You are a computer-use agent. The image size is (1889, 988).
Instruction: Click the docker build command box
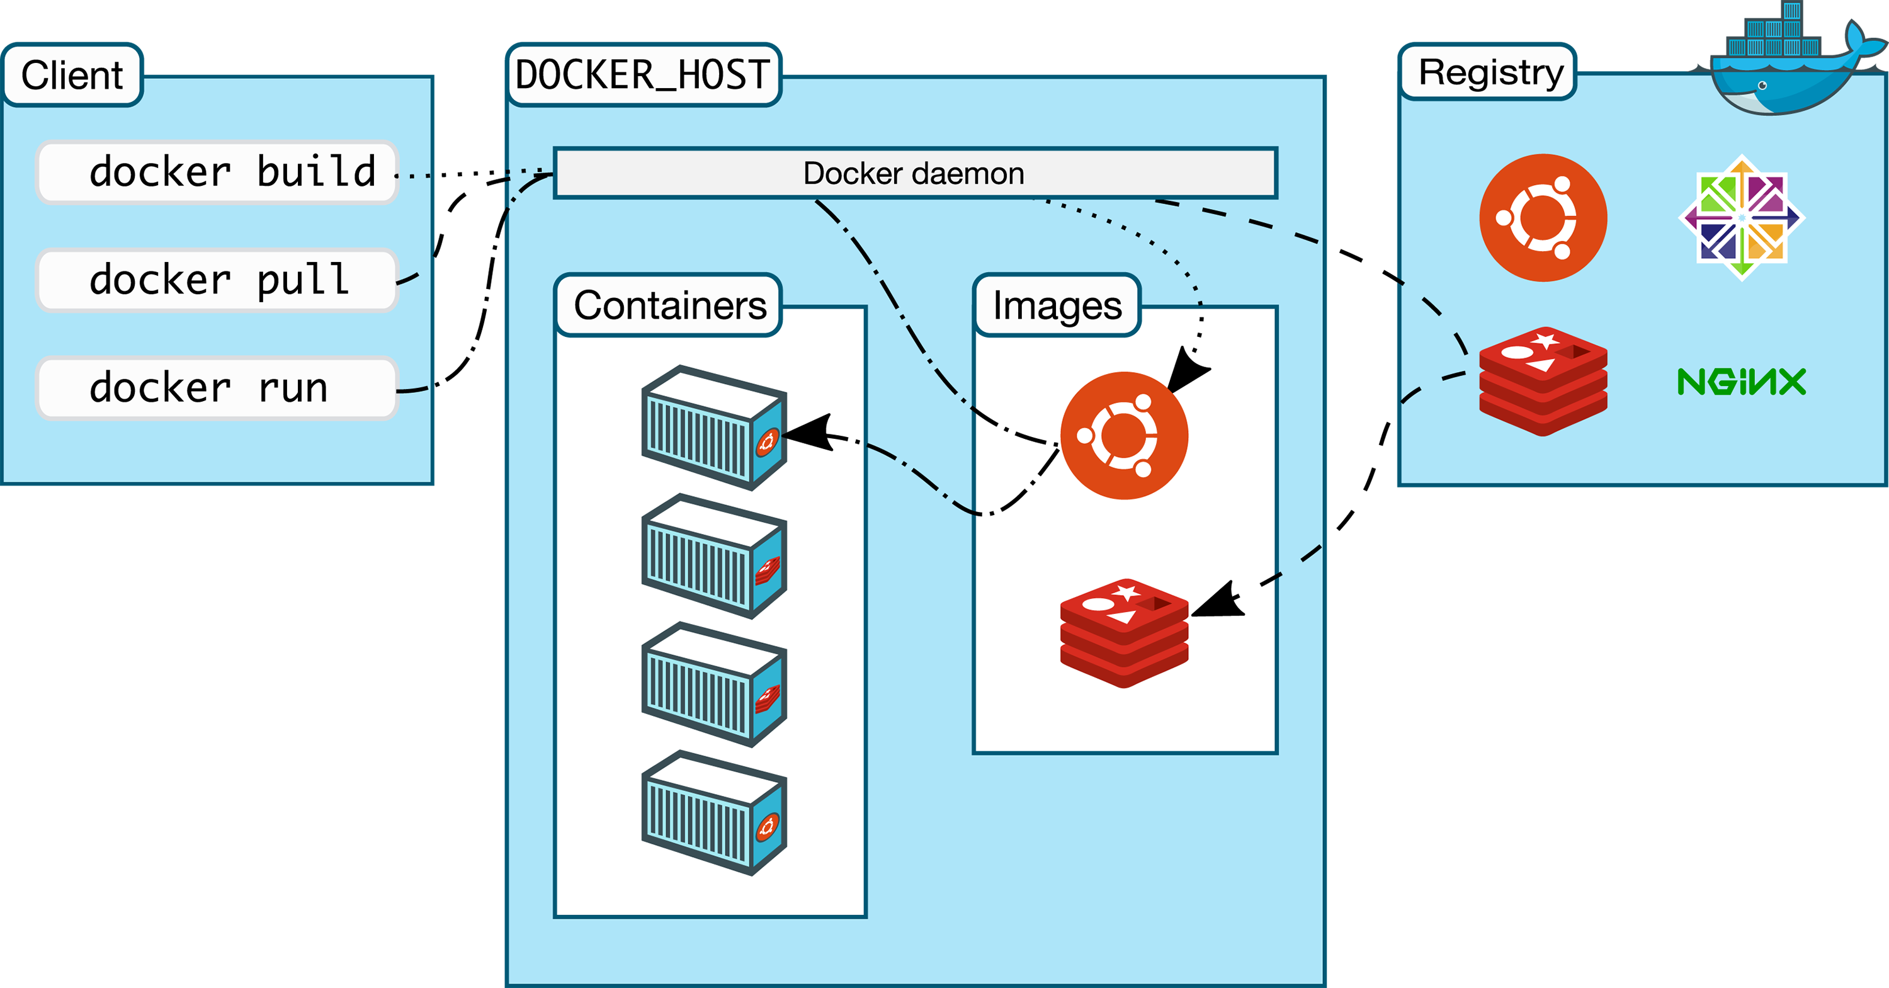[x=217, y=172]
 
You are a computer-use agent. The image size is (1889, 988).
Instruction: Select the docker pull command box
[x=217, y=280]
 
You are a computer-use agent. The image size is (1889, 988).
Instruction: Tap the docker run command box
[x=217, y=388]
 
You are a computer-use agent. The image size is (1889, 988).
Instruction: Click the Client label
[x=72, y=75]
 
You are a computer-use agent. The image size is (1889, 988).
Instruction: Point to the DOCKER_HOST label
[x=643, y=75]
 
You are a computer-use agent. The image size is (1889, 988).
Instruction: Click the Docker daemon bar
[x=915, y=173]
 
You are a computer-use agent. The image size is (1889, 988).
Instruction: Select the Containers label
[x=669, y=305]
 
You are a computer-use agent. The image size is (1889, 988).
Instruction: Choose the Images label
[x=1057, y=305]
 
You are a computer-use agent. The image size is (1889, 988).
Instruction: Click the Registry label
[x=1489, y=72]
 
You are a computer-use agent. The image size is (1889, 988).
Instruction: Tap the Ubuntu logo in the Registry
[x=1543, y=218]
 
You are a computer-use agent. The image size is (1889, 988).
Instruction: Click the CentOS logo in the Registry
[x=1742, y=218]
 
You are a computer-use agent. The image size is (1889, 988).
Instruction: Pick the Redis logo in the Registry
[x=1543, y=382]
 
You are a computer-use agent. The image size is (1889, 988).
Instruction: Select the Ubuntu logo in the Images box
[x=1124, y=436]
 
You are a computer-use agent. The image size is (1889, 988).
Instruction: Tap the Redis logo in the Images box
[x=1124, y=633]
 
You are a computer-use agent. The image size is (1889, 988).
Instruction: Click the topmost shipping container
[x=714, y=428]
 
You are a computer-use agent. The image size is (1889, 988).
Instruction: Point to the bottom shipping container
[x=714, y=813]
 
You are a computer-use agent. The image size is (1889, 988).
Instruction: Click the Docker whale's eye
[x=1762, y=86]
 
